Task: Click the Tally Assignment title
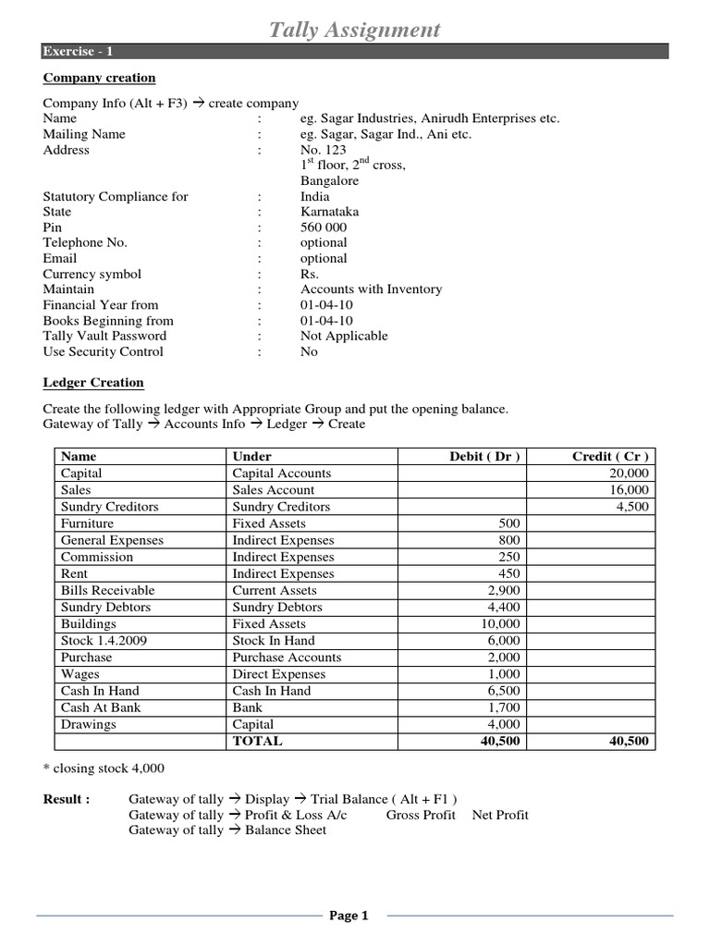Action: [354, 30]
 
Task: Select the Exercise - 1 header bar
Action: [355, 52]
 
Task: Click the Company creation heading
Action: [99, 79]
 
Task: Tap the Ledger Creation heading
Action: [93, 383]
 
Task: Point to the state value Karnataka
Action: [330, 212]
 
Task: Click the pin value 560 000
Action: [324, 228]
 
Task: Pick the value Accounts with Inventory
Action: [371, 289]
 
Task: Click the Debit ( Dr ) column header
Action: [484, 457]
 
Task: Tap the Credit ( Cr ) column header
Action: [610, 457]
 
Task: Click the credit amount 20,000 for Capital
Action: [629, 473]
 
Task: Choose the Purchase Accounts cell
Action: [287, 658]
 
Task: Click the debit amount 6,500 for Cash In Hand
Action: [505, 691]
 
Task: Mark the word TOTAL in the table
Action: [257, 741]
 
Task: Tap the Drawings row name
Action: [88, 724]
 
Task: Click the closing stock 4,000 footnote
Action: [104, 769]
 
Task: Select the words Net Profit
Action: [500, 815]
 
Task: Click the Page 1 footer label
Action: [349, 916]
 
